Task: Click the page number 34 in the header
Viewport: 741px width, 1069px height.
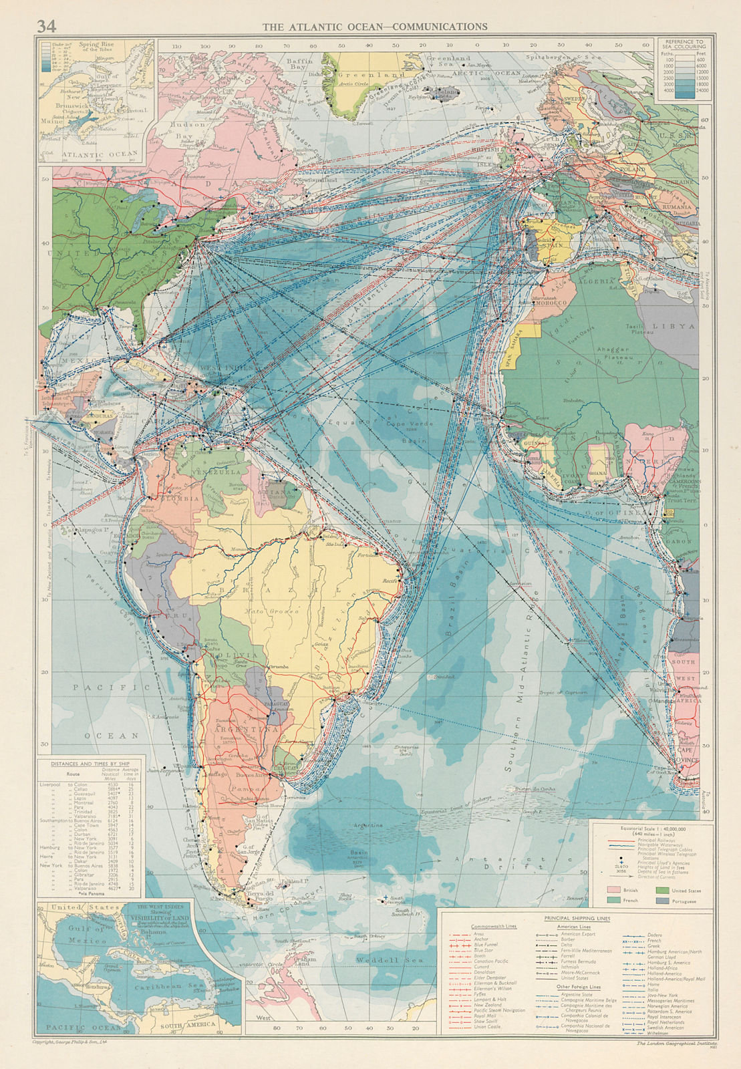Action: click(x=46, y=27)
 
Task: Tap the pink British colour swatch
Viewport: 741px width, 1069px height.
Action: click(x=612, y=890)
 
